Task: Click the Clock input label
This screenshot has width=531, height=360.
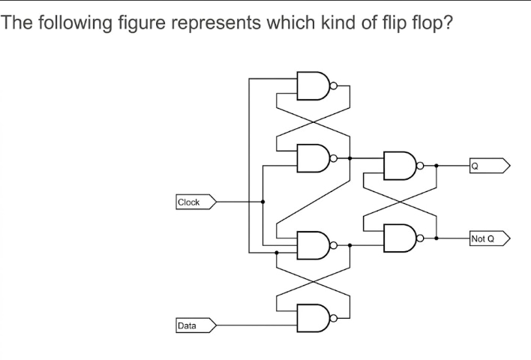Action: point(196,202)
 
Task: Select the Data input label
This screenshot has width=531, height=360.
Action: point(196,325)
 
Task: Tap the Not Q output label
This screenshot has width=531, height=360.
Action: point(490,238)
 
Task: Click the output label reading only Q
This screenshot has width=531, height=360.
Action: point(490,166)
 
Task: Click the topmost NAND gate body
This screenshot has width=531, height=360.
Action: point(313,85)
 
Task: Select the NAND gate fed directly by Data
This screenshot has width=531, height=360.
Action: point(313,318)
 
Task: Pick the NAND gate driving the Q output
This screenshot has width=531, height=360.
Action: point(400,166)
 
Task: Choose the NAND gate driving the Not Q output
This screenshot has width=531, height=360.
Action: point(400,238)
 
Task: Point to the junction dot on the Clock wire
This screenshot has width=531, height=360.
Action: point(262,202)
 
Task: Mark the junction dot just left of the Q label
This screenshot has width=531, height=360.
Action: point(436,166)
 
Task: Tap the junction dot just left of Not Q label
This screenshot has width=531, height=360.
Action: point(436,238)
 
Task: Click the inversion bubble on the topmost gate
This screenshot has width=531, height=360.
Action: point(334,85)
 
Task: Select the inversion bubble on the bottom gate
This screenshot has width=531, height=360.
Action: point(334,318)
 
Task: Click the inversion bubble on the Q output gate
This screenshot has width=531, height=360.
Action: point(420,166)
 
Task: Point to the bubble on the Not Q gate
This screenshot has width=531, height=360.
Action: point(420,238)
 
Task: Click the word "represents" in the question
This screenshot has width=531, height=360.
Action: point(216,23)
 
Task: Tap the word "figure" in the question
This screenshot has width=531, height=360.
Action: point(142,23)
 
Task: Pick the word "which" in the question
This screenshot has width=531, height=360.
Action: point(291,22)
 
